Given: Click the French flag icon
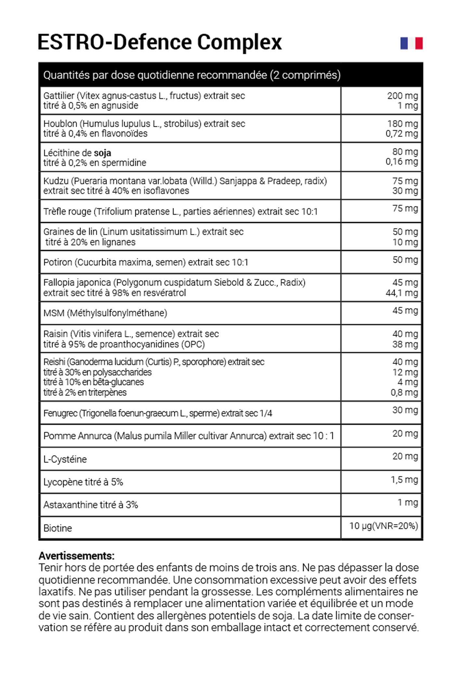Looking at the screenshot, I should (x=411, y=43).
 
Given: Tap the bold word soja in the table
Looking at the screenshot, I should (x=102, y=153).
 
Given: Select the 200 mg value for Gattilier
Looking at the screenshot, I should (x=402, y=96).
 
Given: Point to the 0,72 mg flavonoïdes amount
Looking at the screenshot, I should (x=402, y=133).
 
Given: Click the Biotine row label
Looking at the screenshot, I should (x=58, y=528).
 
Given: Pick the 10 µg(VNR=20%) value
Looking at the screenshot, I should (x=383, y=526).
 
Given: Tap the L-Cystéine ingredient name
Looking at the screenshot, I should (x=65, y=459).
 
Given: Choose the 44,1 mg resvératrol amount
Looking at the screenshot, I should (x=402, y=293).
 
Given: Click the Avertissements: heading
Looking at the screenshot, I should (x=76, y=556).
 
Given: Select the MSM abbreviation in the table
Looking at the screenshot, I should (x=54, y=313).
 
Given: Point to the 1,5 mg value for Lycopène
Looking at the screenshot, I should (x=404, y=480).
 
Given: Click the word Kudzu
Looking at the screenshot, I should (x=56, y=181).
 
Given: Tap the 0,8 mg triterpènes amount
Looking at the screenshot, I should (x=404, y=392).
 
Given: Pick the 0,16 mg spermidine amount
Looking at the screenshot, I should (x=402, y=161).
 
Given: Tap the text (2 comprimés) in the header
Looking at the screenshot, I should (x=305, y=75).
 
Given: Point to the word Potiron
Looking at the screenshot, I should (x=58, y=262).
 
